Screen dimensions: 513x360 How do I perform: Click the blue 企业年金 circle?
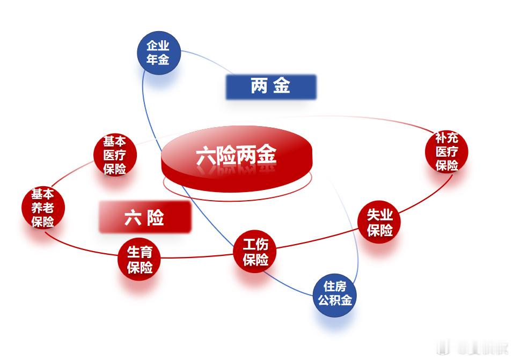pos(158,53)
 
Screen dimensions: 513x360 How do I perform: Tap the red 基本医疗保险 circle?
pos(115,156)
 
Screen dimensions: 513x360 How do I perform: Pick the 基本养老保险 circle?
pos(43,208)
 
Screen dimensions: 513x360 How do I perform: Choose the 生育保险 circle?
pos(140,259)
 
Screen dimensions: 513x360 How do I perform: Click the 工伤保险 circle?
pos(255,252)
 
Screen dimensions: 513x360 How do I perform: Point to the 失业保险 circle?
pos(380,223)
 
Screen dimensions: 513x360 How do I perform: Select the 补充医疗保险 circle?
pos(446,152)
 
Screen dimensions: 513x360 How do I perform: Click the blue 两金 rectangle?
pos(270,86)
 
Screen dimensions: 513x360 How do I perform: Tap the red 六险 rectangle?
pos(145,217)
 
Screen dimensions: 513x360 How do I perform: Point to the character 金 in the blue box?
pos(281,86)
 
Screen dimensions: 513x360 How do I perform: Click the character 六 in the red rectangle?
pos(133,218)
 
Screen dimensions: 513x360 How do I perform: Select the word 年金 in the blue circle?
pos(158,60)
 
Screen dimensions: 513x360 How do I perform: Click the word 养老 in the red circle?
pos(43,208)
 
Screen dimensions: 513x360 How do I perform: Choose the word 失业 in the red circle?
pos(380,216)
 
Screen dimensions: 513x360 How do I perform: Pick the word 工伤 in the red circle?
pos(255,245)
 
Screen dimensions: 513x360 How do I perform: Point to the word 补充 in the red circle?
pos(446,138)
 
